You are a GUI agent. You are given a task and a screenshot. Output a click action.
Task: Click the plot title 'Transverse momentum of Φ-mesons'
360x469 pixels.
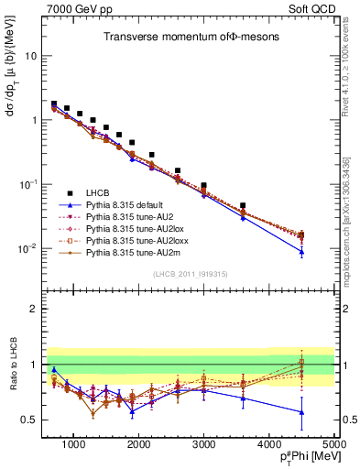(x=183, y=37)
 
